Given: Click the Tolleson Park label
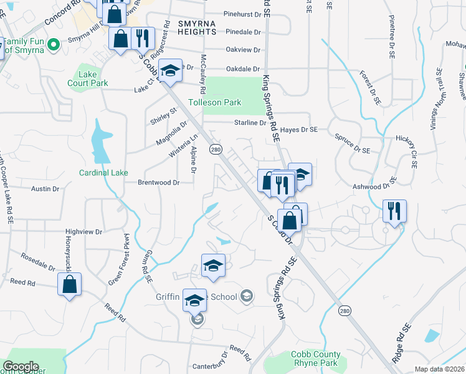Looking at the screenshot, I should pyautogui.click(x=223, y=102).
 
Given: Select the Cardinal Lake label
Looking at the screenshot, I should pyautogui.click(x=103, y=173).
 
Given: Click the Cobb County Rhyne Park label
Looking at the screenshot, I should pyautogui.click(x=316, y=359).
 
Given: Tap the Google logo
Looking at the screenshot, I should pyautogui.click(x=21, y=367).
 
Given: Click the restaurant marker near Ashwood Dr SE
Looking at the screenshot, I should pyautogui.click(x=394, y=211).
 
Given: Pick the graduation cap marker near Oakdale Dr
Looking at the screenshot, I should pyautogui.click(x=170, y=71).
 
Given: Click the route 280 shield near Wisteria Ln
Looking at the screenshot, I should pyautogui.click(x=216, y=150).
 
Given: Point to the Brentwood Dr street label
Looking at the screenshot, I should pyautogui.click(x=158, y=183).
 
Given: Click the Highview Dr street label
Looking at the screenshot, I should pyautogui.click(x=83, y=231).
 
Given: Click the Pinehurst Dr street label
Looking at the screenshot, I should pyautogui.click(x=242, y=14).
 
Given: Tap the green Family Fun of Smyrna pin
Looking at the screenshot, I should pyautogui.click(x=54, y=44).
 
